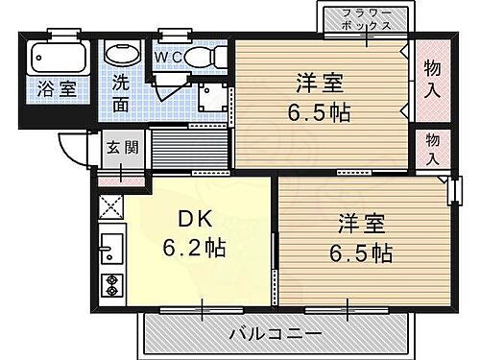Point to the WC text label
click(169, 56)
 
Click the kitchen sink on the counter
click(109, 252)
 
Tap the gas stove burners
click(109, 285)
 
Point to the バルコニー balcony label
click(275, 333)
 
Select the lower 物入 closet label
click(435, 147)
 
